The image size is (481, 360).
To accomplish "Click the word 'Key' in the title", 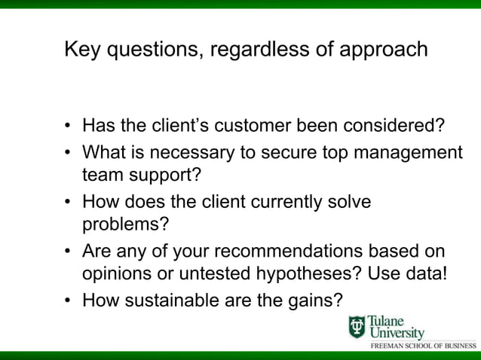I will pyautogui.click(x=81, y=50).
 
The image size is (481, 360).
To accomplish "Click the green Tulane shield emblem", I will pyautogui.click(x=357, y=327).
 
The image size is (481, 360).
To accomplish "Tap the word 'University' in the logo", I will pyautogui.click(x=396, y=333).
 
